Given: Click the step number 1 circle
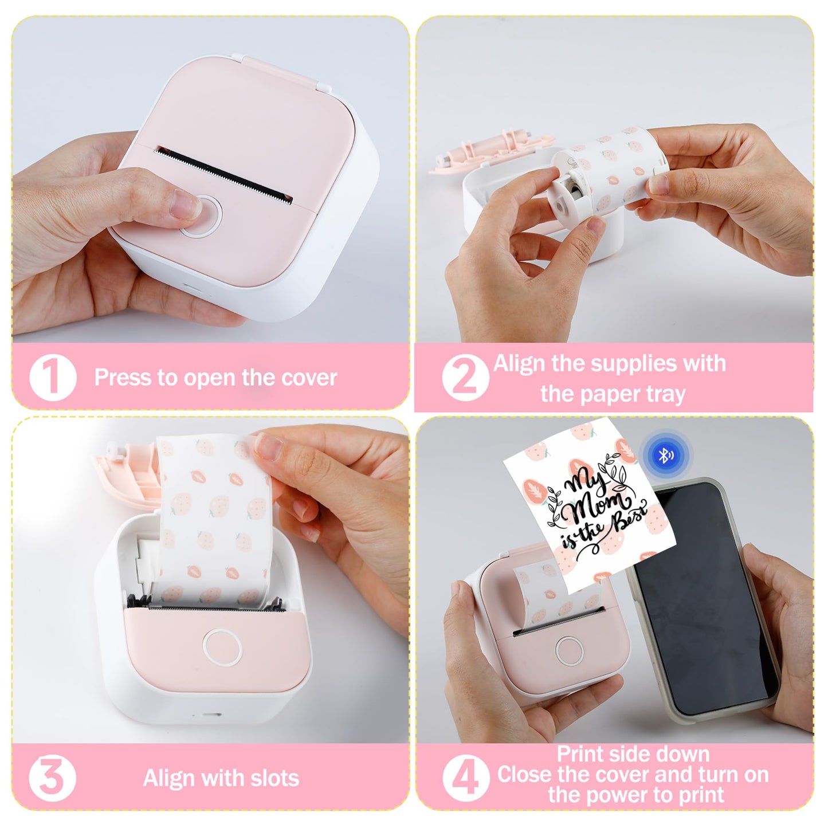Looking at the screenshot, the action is tap(53, 378).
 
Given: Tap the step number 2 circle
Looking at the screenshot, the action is tap(466, 378).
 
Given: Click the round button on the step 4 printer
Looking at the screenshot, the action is tap(569, 652).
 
